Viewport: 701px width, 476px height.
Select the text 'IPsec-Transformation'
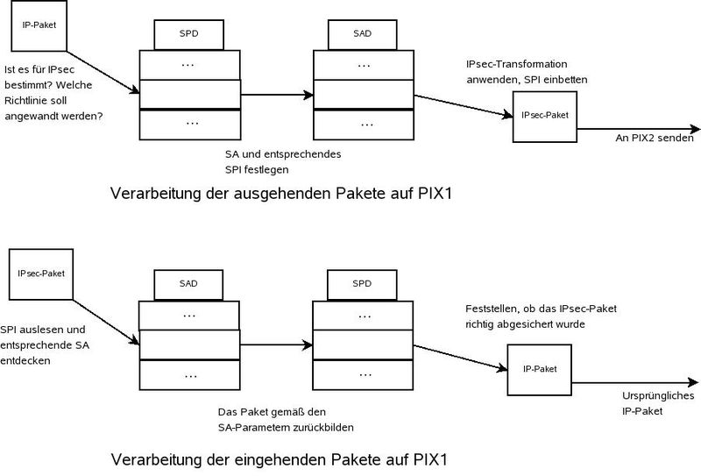518,65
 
